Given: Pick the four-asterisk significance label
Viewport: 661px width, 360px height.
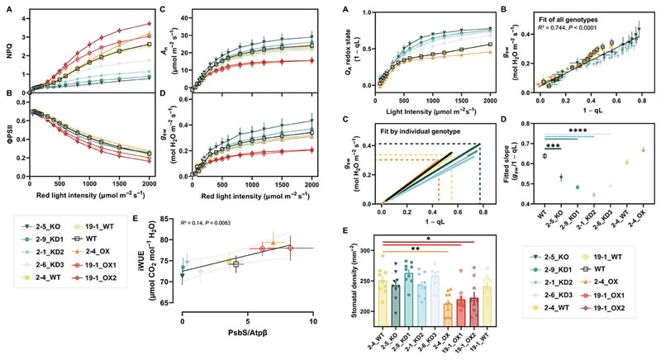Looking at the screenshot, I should click(580, 130).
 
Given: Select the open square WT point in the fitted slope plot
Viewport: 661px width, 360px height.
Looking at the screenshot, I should click(544, 155).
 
